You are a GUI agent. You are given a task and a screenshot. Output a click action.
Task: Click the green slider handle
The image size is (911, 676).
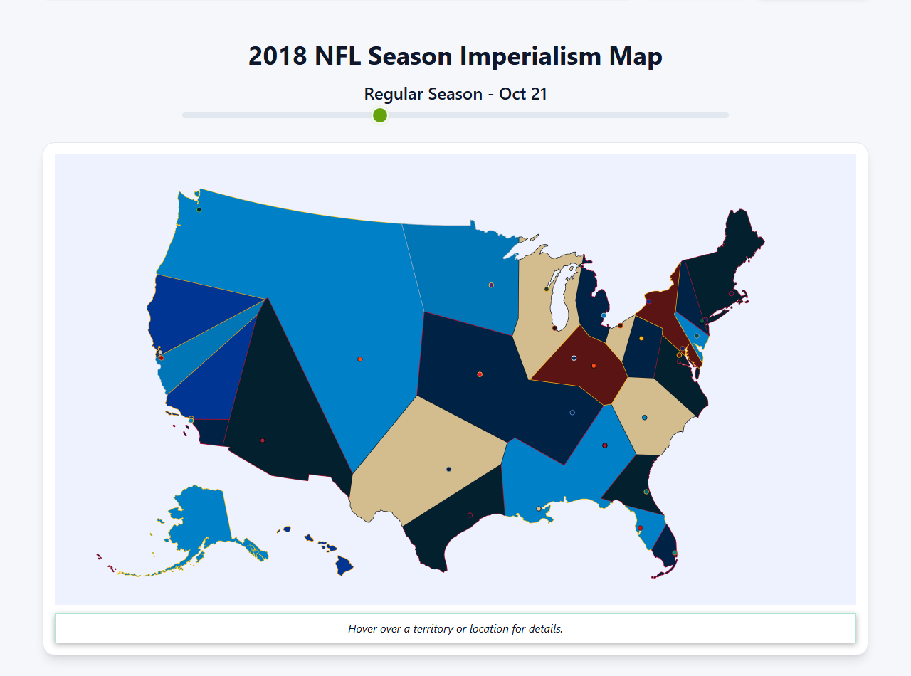[x=380, y=115]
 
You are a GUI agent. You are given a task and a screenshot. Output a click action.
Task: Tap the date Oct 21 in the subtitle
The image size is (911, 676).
[x=523, y=94]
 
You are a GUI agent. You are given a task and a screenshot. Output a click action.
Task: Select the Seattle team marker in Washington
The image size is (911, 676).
[x=199, y=210]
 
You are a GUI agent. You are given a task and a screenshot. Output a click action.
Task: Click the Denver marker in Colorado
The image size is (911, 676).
[x=360, y=359]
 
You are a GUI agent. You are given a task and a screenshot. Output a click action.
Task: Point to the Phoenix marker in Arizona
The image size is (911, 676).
[x=263, y=440]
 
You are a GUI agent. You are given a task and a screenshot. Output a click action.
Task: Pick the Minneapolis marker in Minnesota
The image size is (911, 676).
[x=491, y=285]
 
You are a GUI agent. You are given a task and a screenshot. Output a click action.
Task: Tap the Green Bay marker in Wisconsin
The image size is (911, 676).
[x=547, y=289]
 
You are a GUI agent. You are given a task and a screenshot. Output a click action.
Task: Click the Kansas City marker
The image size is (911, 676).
[x=480, y=374]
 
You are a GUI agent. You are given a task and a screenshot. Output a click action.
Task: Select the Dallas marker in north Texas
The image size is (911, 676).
[x=448, y=469]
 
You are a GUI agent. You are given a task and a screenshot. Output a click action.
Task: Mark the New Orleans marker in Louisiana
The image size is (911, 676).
[x=538, y=509]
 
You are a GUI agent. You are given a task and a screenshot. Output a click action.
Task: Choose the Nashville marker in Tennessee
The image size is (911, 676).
[x=572, y=413]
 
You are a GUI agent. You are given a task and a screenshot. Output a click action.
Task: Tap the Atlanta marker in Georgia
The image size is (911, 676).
[x=605, y=445]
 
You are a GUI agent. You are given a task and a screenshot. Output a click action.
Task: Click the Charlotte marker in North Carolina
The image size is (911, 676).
[x=645, y=418]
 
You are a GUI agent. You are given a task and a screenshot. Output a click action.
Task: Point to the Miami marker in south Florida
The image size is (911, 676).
[x=675, y=553]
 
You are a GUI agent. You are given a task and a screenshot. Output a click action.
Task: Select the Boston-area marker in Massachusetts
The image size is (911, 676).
[x=731, y=293]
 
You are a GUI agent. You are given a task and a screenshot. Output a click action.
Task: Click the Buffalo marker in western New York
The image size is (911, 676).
[x=648, y=302]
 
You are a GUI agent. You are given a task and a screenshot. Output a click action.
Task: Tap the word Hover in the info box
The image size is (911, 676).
[x=362, y=629]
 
